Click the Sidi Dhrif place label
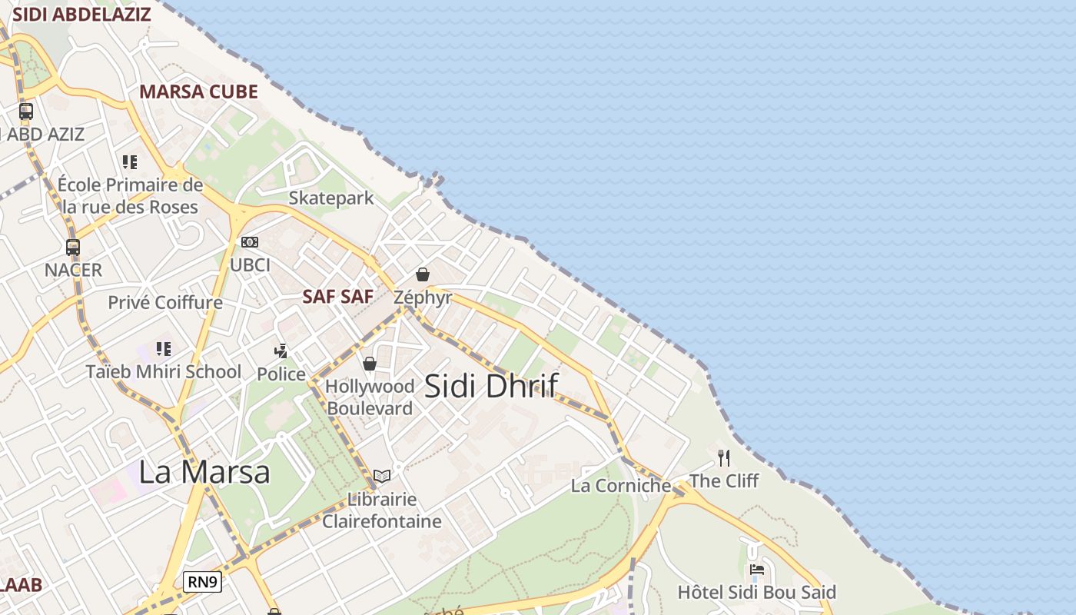[490, 385]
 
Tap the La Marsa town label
[204, 471]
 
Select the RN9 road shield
[203, 582]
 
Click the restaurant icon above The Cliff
[723, 458]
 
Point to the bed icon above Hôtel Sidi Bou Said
[757, 570]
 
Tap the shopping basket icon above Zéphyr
[422, 274]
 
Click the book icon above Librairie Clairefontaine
[382, 476]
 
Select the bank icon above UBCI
[250, 242]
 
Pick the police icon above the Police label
[281, 351]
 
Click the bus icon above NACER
[73, 248]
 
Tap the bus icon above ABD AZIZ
[26, 111]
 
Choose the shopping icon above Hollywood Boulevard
[370, 364]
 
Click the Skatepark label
[331, 198]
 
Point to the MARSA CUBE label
[198, 91]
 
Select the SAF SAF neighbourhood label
[337, 296]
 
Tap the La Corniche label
[621, 485]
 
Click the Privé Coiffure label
[165, 302]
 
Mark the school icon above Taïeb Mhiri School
[164, 349]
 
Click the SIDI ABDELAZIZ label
[81, 14]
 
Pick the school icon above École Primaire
[130, 161]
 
